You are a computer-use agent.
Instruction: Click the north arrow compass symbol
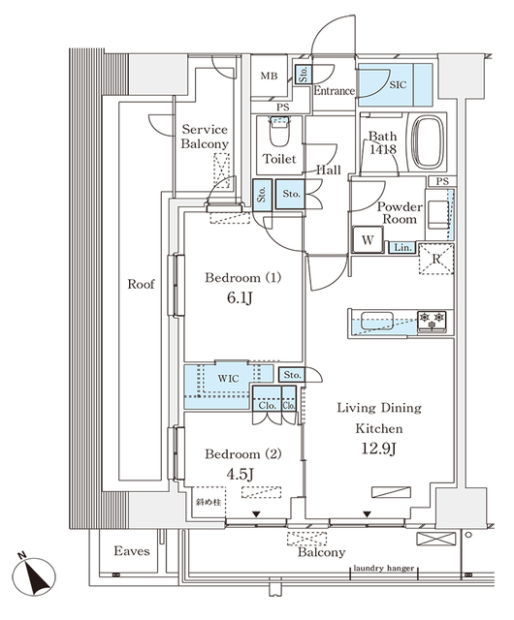(x=37, y=575)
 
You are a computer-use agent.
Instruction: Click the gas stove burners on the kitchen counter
(x=433, y=319)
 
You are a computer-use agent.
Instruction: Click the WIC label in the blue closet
(x=228, y=377)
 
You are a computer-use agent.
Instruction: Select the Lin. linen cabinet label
(x=401, y=249)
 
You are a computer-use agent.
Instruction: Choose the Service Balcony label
(x=204, y=137)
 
